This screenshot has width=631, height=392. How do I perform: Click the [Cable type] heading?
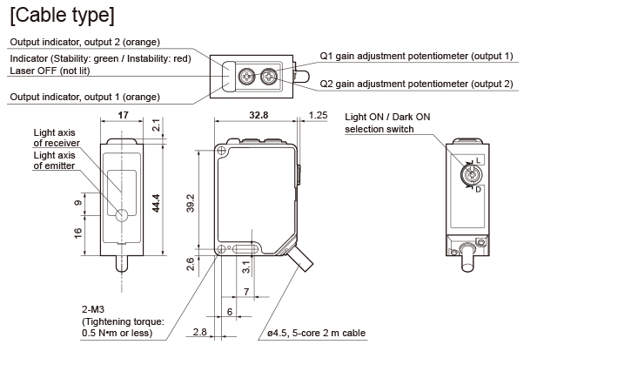[60, 16]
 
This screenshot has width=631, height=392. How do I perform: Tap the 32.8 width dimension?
[258, 114]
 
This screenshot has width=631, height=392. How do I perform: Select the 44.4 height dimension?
[157, 203]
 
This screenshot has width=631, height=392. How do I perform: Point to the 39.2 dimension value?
[191, 202]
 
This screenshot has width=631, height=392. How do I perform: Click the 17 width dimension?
[124, 114]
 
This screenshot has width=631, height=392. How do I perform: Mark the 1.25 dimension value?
[318, 114]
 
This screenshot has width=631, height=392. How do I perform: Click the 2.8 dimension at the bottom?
[199, 332]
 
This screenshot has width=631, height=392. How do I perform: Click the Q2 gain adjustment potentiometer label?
[416, 84]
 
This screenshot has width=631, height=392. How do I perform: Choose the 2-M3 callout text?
[94, 308]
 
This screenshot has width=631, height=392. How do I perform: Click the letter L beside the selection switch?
[480, 162]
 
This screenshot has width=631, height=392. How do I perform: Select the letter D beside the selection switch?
[479, 188]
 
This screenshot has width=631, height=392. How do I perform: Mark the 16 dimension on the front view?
[78, 233]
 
